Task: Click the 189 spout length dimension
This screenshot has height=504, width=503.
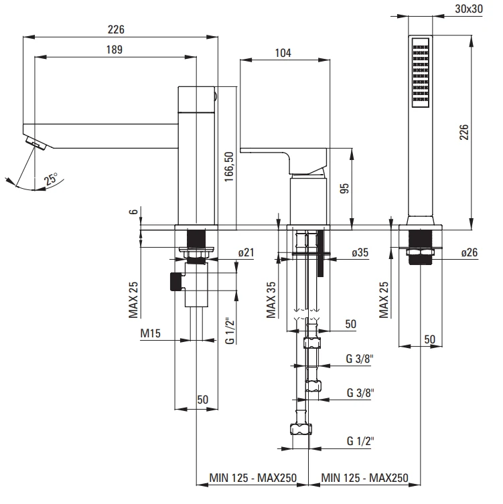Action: [x=113, y=50]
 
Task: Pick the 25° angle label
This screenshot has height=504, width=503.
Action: [x=51, y=179]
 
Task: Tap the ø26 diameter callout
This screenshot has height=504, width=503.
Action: [x=469, y=253]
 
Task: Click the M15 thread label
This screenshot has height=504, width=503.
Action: [x=149, y=333]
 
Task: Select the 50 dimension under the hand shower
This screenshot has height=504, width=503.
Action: [x=429, y=339]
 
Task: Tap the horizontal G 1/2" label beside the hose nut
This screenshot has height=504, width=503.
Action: [x=360, y=441]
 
